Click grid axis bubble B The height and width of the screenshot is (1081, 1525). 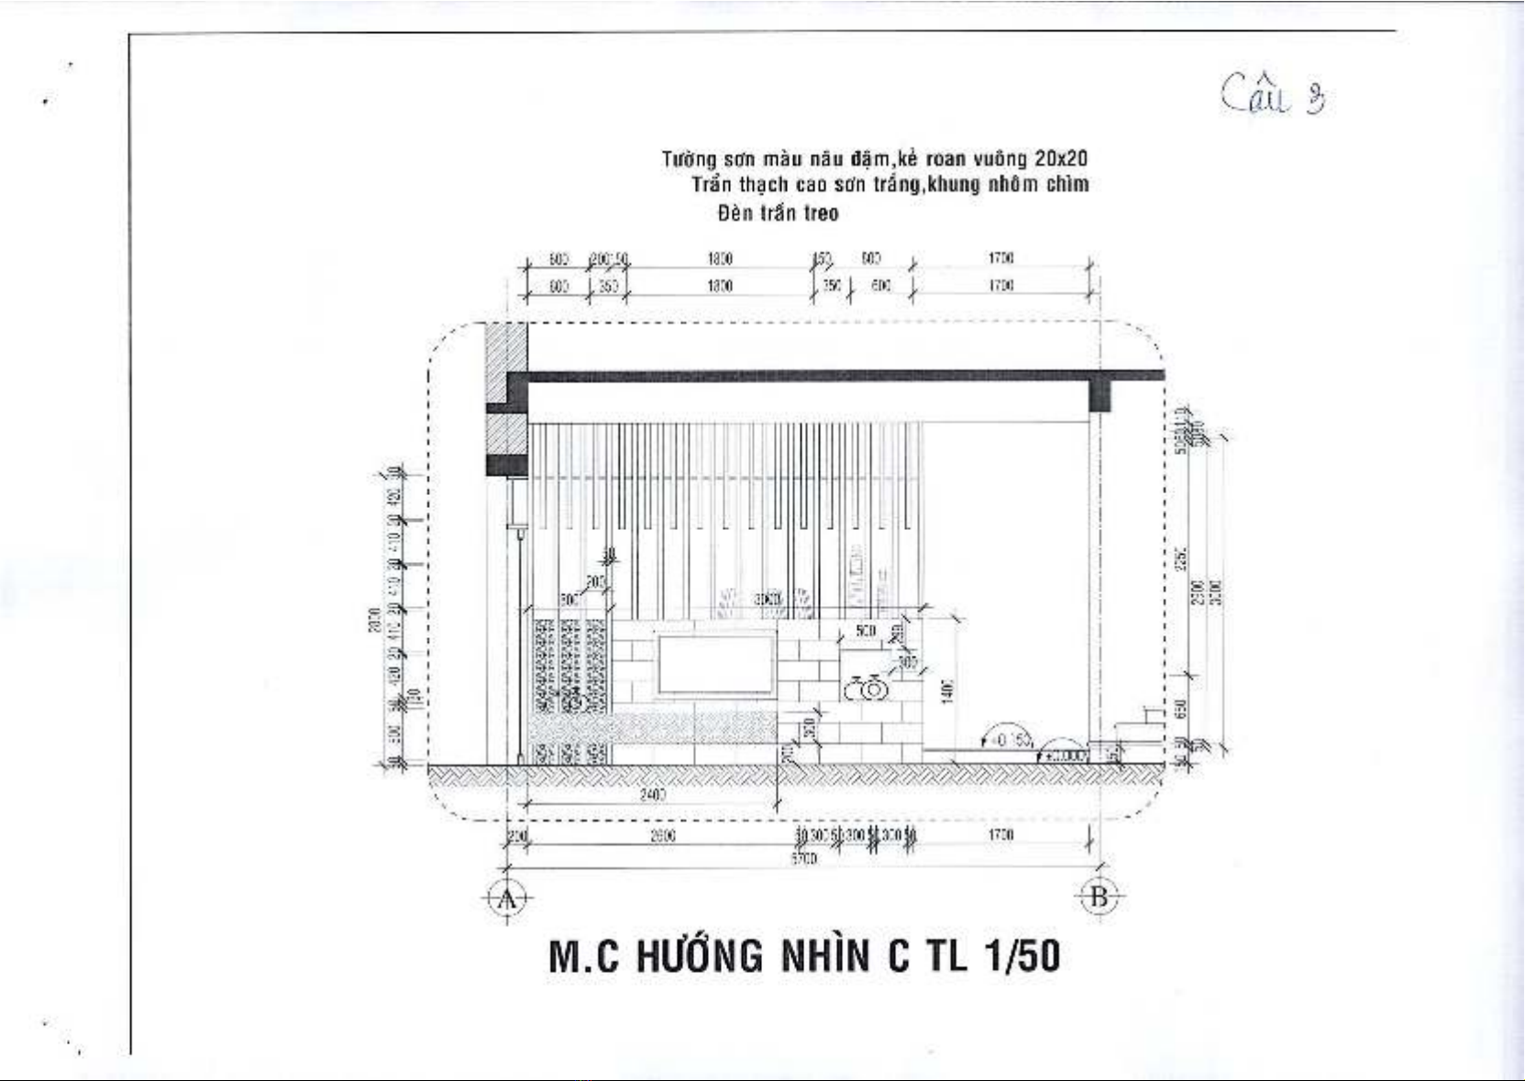point(1099,897)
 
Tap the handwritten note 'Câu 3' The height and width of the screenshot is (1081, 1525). point(1275,94)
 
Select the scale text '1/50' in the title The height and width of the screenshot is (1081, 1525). point(1022,956)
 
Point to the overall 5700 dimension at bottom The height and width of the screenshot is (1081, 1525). point(803,859)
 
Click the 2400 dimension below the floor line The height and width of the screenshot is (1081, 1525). point(652,795)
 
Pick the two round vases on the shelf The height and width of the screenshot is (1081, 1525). point(865,688)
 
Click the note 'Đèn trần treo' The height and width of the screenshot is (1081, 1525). point(778,214)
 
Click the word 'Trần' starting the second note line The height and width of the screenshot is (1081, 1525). point(713,184)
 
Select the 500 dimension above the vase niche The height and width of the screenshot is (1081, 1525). point(865,632)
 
